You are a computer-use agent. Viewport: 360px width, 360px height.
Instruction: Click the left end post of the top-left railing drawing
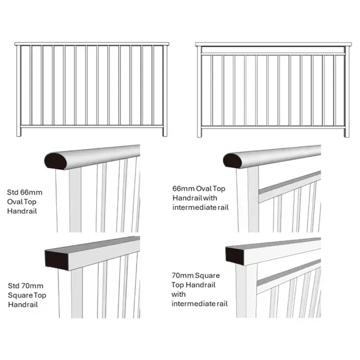point(19,90)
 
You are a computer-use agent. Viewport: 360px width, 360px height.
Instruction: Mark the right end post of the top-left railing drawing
point(165,90)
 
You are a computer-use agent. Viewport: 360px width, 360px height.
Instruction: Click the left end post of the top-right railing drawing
point(199,90)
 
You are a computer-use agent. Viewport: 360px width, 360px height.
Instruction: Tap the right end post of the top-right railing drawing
point(345,90)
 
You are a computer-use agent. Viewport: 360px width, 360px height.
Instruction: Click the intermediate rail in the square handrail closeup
point(290,272)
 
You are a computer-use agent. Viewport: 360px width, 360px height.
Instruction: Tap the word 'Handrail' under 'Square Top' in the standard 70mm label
point(21,304)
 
